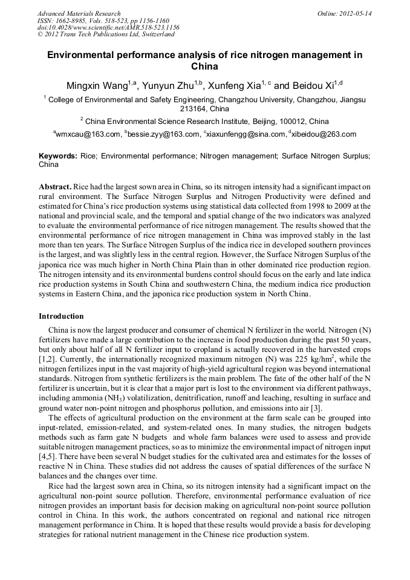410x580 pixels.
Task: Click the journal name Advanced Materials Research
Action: tap(79, 13)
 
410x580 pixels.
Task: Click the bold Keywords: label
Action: tap(58, 156)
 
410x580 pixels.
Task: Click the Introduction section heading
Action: tap(61, 316)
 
